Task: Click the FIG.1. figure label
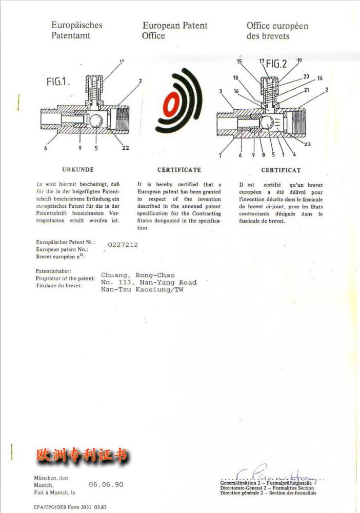(x=58, y=82)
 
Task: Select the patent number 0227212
(x=123, y=245)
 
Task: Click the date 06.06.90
(x=106, y=484)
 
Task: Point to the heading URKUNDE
(x=78, y=170)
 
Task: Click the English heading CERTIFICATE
(x=179, y=170)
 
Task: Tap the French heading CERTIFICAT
(x=281, y=170)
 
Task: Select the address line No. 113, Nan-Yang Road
(x=149, y=282)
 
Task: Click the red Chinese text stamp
(x=82, y=455)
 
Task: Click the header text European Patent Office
(x=174, y=30)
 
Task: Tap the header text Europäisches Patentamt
(x=77, y=30)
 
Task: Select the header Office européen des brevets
(x=277, y=31)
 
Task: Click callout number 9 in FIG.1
(x=81, y=148)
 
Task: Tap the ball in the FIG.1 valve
(x=96, y=122)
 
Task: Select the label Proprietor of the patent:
(x=66, y=279)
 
